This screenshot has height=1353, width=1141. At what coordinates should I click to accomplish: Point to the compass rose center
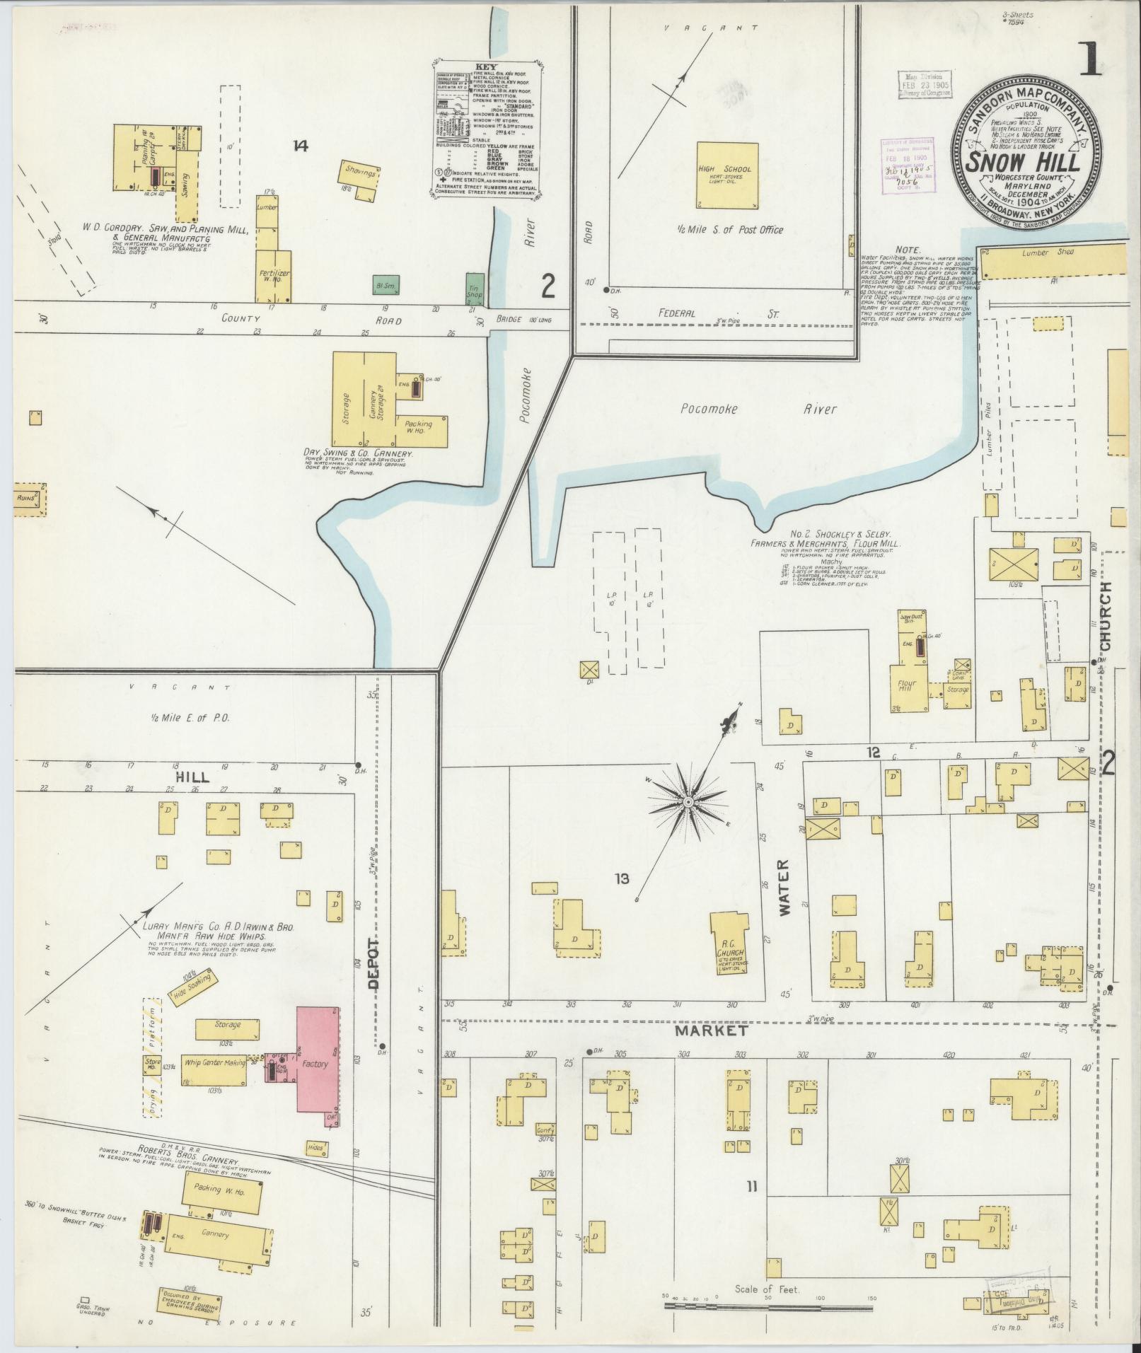[x=687, y=801]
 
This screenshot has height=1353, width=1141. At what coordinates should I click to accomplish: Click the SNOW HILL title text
[x=1023, y=161]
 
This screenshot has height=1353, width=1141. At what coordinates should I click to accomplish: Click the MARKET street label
[x=711, y=1030]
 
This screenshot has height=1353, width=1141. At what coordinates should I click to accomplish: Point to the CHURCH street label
[x=1105, y=615]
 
